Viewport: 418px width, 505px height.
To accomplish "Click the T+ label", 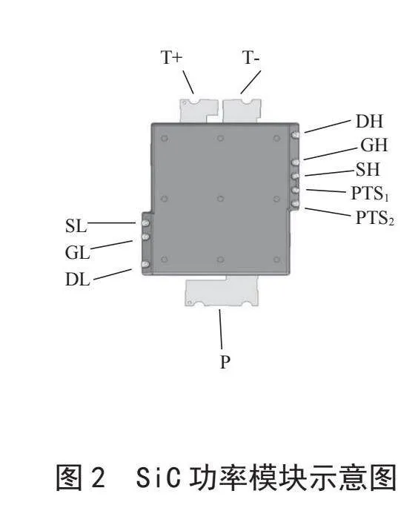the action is (x=171, y=58).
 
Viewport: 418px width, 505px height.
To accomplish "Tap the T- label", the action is (x=251, y=58).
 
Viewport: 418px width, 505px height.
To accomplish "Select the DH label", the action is (x=369, y=122).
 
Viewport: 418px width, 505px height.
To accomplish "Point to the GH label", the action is (x=374, y=145).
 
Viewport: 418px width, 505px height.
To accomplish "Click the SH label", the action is (x=368, y=169).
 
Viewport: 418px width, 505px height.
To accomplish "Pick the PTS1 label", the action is (x=370, y=194).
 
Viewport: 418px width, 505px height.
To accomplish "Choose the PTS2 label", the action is (x=375, y=218).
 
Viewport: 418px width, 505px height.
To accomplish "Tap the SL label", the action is (x=76, y=225).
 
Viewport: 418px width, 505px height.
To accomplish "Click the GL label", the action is (x=77, y=252).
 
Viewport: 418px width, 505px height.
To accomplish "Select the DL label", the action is (x=78, y=280).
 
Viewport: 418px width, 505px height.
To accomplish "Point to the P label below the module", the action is (x=225, y=362).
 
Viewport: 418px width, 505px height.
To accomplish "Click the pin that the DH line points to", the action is (x=296, y=135).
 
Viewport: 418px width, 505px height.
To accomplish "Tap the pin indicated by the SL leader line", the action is (x=145, y=223).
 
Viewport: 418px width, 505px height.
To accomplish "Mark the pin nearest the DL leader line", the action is (x=145, y=265).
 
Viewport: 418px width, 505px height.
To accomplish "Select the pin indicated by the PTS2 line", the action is (x=296, y=204).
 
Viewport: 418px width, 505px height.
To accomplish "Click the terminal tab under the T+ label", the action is (x=199, y=110).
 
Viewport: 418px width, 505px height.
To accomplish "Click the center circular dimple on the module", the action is (x=220, y=199).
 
